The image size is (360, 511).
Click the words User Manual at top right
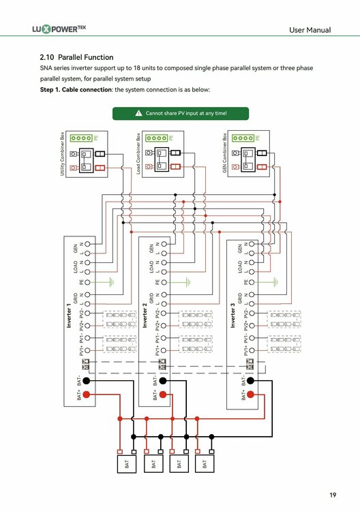[x=310, y=30]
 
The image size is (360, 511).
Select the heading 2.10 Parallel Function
[x=77, y=57]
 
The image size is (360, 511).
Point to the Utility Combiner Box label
[x=63, y=156]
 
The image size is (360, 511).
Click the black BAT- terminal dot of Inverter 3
[x=251, y=380]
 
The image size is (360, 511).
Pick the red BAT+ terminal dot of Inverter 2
[x=164, y=394]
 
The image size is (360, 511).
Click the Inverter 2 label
[x=145, y=318]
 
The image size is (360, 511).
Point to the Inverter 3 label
[x=232, y=318]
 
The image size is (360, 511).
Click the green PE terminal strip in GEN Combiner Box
[x=244, y=138]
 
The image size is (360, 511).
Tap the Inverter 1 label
[x=68, y=318]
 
